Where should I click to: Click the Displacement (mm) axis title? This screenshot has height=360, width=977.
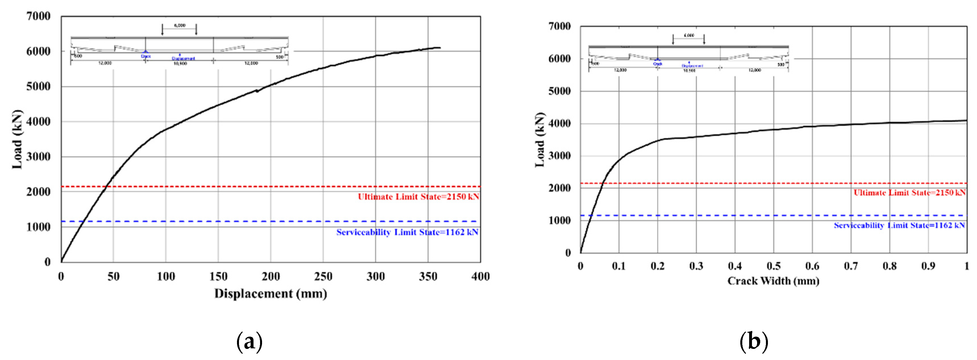[x=270, y=294]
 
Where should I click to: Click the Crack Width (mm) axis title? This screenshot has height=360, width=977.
[x=773, y=281]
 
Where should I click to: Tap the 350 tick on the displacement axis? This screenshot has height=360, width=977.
[x=428, y=277]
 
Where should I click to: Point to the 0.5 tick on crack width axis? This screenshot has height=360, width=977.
[x=773, y=266]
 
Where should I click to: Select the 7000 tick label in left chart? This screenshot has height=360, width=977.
[x=38, y=16]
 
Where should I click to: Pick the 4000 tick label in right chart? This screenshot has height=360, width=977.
[x=559, y=123]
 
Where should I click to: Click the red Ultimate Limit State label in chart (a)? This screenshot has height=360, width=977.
[x=418, y=197]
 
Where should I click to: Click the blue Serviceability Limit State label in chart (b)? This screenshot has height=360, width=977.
[x=899, y=225]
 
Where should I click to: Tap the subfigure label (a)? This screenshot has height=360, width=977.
[x=249, y=342]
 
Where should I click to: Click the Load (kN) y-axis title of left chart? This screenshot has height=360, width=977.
[x=17, y=140]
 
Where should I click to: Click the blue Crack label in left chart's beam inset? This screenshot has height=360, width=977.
[x=146, y=56]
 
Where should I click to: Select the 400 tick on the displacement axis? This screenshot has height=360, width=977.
[x=480, y=277]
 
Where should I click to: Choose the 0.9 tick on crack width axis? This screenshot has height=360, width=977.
[x=928, y=266]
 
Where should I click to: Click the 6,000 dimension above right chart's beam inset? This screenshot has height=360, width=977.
[x=689, y=35]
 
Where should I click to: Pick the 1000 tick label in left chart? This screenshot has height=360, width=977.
[x=38, y=227]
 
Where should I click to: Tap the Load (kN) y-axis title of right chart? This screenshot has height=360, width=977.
[x=540, y=140]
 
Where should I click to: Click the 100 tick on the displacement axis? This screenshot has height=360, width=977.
[x=166, y=277]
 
